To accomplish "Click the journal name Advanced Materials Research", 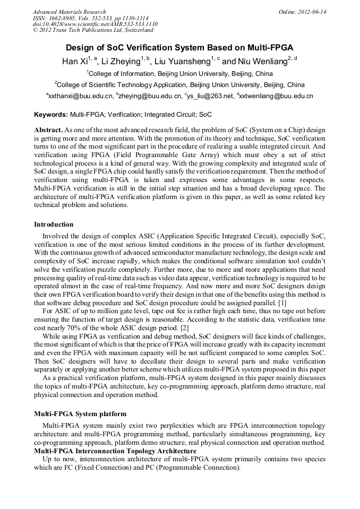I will pyautogui.click(x=69, y=12).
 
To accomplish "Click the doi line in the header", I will pyautogui.click(x=95, y=24).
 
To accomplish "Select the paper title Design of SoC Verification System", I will pyautogui.click(x=179, y=47).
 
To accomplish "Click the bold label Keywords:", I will pyautogui.click(x=51, y=114).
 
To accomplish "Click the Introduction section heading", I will pyautogui.click(x=54, y=225).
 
